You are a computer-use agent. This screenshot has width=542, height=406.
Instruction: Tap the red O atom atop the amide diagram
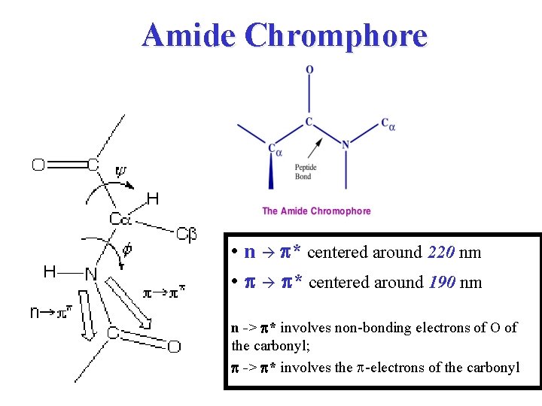point(309,70)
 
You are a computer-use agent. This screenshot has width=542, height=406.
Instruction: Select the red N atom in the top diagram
point(346,144)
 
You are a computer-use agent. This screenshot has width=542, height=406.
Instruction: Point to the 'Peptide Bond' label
point(305,172)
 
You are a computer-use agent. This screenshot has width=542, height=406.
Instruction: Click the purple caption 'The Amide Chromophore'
point(316,211)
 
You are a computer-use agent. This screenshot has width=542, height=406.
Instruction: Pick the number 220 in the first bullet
point(440,253)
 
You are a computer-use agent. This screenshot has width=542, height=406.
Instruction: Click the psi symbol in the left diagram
point(121,171)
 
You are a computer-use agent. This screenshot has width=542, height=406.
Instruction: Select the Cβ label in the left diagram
point(186,235)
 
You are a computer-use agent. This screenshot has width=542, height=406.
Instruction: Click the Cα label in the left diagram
point(121,220)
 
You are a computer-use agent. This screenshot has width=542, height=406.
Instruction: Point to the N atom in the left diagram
point(90,274)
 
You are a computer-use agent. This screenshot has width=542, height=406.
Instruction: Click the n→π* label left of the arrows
point(52,311)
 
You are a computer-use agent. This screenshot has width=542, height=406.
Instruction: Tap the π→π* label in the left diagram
point(164,289)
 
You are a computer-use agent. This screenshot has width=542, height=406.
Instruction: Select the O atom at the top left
point(38,165)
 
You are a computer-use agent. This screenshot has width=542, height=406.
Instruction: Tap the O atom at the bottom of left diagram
point(174,347)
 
